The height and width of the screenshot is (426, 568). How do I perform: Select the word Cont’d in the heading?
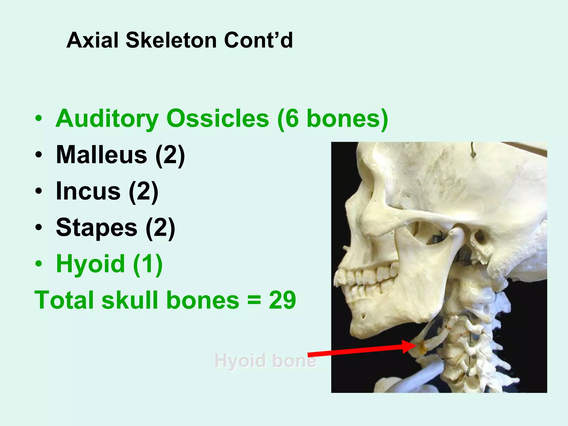click(258, 40)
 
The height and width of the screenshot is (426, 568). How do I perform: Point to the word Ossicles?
click(217, 119)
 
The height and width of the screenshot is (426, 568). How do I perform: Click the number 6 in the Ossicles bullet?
click(291, 119)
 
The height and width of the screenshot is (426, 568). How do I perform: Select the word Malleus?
click(102, 155)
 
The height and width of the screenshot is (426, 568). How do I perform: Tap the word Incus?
click(88, 191)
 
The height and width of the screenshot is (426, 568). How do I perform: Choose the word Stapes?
click(97, 228)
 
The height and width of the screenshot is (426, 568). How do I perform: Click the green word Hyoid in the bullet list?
click(90, 264)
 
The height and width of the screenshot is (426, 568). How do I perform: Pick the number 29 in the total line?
click(282, 300)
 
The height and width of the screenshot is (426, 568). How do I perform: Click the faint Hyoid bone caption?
click(265, 361)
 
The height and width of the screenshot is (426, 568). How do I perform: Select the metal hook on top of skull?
click(473, 151)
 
